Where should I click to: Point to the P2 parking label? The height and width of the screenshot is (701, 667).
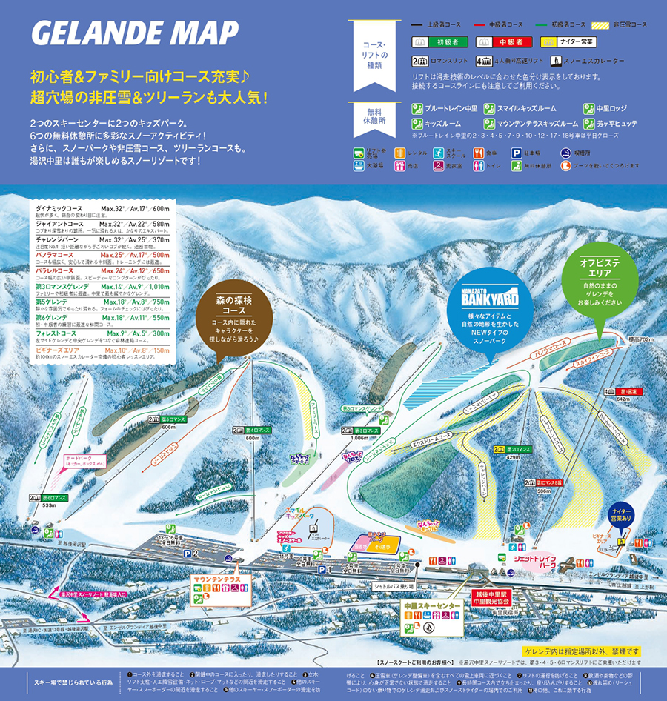[x=193, y=553]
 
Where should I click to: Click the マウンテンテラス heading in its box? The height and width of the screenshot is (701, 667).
[x=218, y=578]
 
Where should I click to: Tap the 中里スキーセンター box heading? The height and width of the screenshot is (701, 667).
[x=432, y=605]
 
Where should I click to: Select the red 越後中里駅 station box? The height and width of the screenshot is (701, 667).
[x=495, y=597]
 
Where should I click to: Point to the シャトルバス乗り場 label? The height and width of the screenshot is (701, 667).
[x=392, y=586]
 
